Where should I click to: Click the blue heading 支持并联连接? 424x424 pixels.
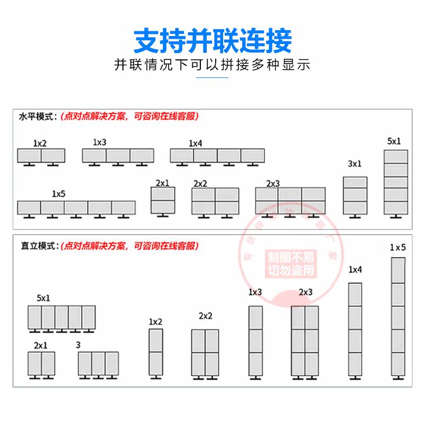212,40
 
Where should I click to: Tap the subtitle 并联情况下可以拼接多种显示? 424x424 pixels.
212,65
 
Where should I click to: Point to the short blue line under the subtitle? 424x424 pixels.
212,77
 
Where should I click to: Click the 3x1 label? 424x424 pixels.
355,164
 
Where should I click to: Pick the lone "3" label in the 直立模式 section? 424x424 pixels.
78,345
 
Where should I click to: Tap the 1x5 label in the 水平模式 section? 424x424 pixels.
58,193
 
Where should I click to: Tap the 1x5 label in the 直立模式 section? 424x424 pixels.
398,248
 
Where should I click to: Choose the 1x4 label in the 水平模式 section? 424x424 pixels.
196,143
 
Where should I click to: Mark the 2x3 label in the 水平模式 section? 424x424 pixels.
273,183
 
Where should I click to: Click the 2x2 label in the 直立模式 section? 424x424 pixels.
206,316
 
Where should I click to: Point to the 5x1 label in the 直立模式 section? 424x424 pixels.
44,298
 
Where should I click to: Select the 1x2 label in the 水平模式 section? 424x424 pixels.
40,143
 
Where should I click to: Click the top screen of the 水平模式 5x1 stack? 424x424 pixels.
396,156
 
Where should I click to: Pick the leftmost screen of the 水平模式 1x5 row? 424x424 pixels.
29,208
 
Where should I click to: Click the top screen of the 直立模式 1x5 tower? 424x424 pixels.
398,270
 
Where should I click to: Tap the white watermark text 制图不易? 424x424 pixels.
291,258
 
